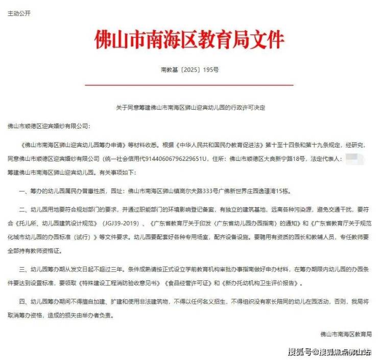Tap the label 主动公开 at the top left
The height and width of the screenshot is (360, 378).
(x=19, y=13)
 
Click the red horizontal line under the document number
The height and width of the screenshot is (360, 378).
(x=188, y=84)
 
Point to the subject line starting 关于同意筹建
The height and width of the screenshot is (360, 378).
(x=188, y=108)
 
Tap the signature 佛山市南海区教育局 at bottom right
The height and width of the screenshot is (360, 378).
(x=346, y=334)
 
